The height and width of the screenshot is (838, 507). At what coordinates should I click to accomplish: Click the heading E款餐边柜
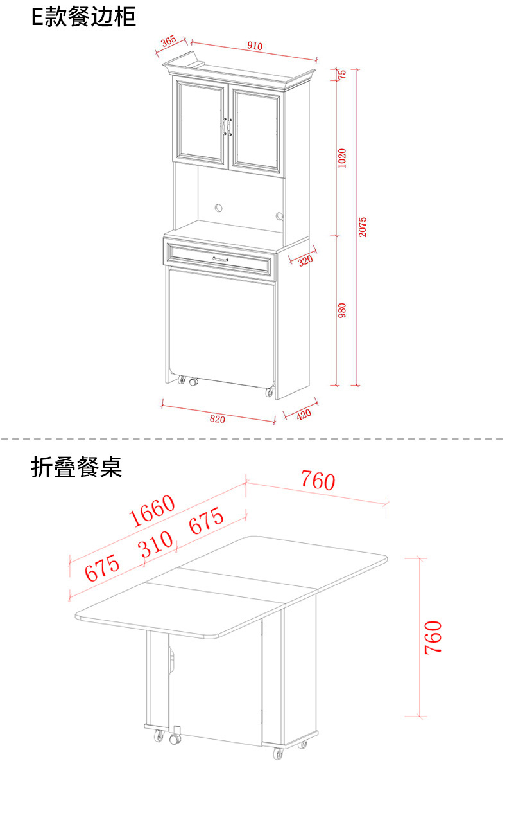pyautogui.click(x=83, y=17)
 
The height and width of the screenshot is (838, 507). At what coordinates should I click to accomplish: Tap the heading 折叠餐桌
pyautogui.click(x=76, y=467)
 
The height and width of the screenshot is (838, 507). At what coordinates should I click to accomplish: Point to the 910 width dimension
pyautogui.click(x=255, y=46)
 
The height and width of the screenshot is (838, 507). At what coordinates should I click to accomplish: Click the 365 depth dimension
pyautogui.click(x=168, y=41)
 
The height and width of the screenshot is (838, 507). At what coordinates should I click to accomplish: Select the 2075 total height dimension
pyautogui.click(x=363, y=227)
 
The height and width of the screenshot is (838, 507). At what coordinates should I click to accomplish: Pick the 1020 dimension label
pyautogui.click(x=342, y=157)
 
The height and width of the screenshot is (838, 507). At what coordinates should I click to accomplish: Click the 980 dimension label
pyautogui.click(x=342, y=310)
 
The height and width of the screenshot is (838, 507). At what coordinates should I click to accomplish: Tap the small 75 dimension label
pyautogui.click(x=342, y=74)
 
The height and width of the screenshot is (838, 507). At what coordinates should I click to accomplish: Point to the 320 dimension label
pyautogui.click(x=305, y=260)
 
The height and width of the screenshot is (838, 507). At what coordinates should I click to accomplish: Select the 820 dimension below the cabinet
pyautogui.click(x=218, y=419)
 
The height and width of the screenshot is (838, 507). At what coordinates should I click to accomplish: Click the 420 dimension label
pyautogui.click(x=304, y=415)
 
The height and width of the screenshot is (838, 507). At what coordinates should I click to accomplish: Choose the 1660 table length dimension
pyautogui.click(x=152, y=510)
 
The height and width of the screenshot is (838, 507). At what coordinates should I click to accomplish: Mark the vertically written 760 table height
pyautogui.click(x=434, y=637)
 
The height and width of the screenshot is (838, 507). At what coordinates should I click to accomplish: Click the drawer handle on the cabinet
pyautogui.click(x=220, y=258)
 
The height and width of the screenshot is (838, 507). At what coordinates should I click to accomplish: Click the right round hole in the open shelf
pyautogui.click(x=279, y=215)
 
